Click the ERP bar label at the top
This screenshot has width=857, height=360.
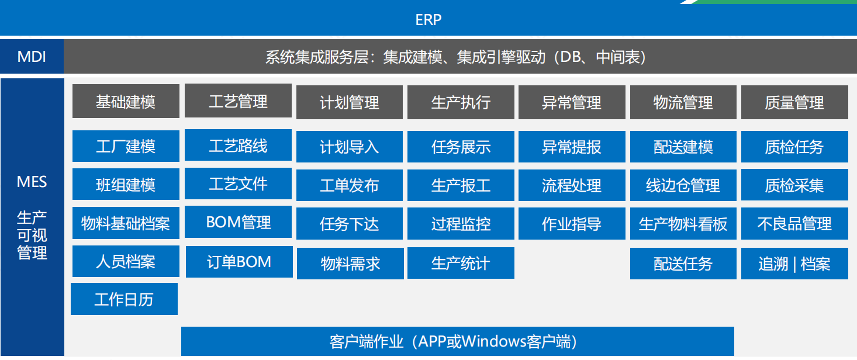tap(428, 20)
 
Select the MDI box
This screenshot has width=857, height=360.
tap(32, 57)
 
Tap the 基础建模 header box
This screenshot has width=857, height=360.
tap(126, 102)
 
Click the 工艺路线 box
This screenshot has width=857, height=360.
tap(238, 145)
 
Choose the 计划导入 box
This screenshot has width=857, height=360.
tap(349, 147)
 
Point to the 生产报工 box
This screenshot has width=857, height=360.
tap(461, 185)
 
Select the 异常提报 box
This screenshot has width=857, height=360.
tap(571, 147)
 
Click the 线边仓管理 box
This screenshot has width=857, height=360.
tap(683, 185)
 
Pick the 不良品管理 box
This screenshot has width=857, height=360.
tap(794, 223)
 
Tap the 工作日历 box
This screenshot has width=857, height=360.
tap(124, 299)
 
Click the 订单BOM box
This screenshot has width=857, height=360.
tap(239, 262)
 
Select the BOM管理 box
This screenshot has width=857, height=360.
tap(238, 223)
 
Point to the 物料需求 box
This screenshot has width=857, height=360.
tap(350, 264)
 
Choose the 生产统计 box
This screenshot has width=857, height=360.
tap(461, 263)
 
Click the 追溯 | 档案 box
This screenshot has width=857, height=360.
tap(794, 264)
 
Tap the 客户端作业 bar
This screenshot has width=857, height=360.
tap(457, 341)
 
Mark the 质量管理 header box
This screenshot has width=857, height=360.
tap(794, 103)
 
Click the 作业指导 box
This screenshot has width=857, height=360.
tap(571, 223)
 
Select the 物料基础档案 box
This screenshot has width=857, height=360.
tap(126, 223)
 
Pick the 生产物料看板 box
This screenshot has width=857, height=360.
tap(683, 223)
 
